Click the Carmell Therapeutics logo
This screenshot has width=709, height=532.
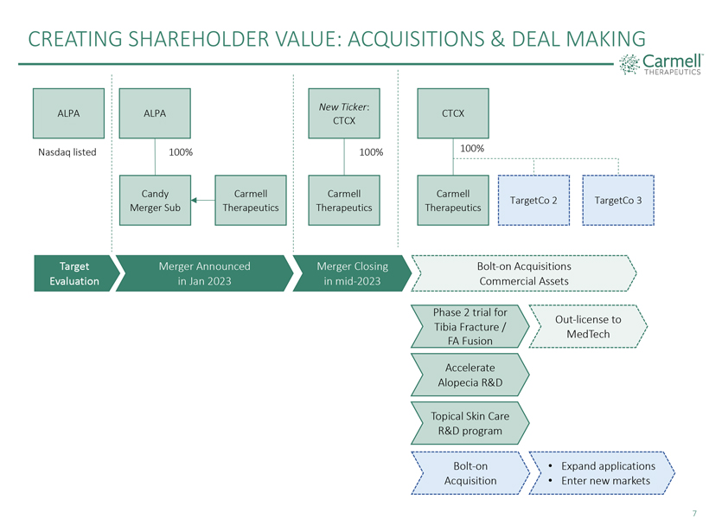click(661, 64)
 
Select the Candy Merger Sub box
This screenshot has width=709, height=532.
click(155, 201)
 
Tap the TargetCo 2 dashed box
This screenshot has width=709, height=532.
click(533, 201)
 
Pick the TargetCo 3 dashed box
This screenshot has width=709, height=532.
click(618, 201)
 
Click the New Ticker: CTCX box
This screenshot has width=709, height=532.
click(344, 113)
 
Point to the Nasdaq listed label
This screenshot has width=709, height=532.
click(67, 152)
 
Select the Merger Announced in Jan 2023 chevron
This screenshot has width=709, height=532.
click(205, 273)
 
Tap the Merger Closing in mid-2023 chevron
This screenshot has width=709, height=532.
click(352, 273)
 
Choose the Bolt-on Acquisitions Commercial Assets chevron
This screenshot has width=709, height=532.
click(524, 273)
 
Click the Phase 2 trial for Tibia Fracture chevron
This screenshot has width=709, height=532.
click(470, 327)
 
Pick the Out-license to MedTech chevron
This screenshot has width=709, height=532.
click(588, 327)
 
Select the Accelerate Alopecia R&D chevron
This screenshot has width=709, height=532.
click(470, 375)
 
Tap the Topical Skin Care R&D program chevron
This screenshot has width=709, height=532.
click(470, 423)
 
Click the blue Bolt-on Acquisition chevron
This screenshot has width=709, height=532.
click(470, 473)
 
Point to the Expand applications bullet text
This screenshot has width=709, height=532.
click(608, 466)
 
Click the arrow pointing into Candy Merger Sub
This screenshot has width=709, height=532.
click(203, 200)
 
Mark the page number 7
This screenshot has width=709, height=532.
click(694, 514)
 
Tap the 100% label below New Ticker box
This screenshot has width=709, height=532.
click(371, 152)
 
